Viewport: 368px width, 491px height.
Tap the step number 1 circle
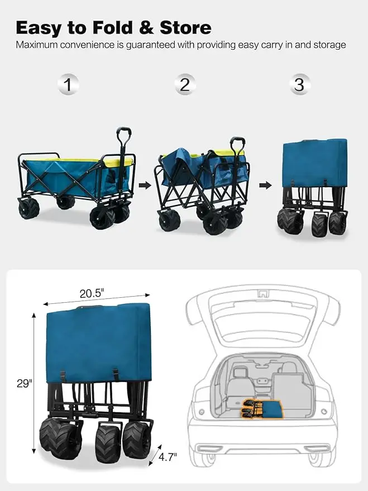(x=68, y=85)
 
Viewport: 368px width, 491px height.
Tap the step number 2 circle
(x=185, y=85)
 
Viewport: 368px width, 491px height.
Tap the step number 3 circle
(x=299, y=85)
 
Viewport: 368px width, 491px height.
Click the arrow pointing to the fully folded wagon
(x=265, y=185)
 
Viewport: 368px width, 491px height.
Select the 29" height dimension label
(x=23, y=383)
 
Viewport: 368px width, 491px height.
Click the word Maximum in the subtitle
(x=37, y=45)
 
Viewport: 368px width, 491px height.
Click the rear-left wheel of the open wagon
(x=28, y=208)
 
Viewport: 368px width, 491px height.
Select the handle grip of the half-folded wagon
(x=238, y=142)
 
